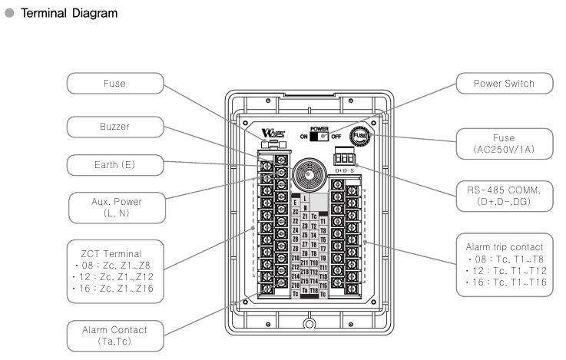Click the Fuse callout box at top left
coord(114,83)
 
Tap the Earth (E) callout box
coord(114,163)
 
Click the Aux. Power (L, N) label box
coord(114,206)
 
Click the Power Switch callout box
coord(502,83)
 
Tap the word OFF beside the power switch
coord(336,137)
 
